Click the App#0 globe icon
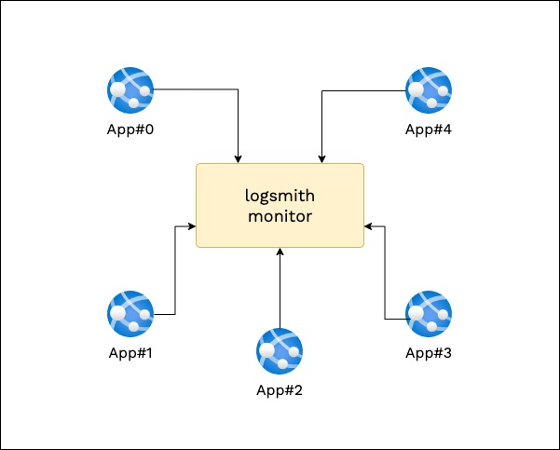130,90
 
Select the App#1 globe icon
130,314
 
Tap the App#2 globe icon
280,351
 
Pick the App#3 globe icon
429,314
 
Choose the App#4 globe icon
429,90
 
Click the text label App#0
130,130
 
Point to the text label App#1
130,353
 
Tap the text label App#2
280,390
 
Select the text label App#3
429,353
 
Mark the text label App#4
429,130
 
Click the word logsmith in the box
280,196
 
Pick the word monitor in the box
280,216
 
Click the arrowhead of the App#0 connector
239,159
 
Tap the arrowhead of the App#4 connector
321,159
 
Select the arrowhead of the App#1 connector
192,226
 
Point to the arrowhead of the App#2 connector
280,252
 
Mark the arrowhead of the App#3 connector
368,226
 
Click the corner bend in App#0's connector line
239,89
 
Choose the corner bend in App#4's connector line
321,90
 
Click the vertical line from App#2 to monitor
280,288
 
